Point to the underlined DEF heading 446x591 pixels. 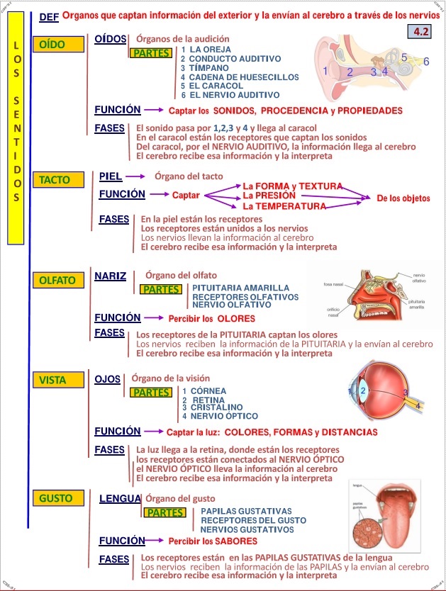[49, 16]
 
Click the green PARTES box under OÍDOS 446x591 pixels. [151, 52]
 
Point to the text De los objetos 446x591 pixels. [403, 198]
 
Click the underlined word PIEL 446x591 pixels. [110, 176]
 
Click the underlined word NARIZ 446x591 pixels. [110, 276]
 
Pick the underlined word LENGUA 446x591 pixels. [120, 499]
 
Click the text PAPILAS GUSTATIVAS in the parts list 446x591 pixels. [246, 511]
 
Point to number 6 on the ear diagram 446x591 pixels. [426, 62]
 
